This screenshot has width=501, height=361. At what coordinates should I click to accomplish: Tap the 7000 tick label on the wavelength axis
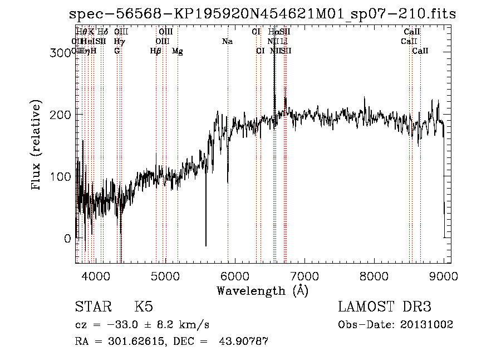coord(304,275)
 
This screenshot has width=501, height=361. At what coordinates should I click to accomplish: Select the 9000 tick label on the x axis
coord(444,275)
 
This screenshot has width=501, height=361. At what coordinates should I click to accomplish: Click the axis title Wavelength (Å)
coord(262,290)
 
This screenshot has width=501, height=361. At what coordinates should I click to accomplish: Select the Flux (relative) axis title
coord(37,145)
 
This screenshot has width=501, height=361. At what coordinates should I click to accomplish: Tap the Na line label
coord(227,42)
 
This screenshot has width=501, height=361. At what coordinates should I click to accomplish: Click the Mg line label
coord(177,51)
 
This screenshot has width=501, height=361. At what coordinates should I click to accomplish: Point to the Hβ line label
coord(155,51)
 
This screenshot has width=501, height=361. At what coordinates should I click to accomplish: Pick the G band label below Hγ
coord(117,51)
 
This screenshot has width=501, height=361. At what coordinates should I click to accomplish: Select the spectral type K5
coord(143,307)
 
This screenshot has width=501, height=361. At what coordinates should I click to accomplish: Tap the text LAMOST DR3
coord(385,307)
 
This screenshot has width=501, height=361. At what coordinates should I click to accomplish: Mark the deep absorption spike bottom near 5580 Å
coord(206,245)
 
